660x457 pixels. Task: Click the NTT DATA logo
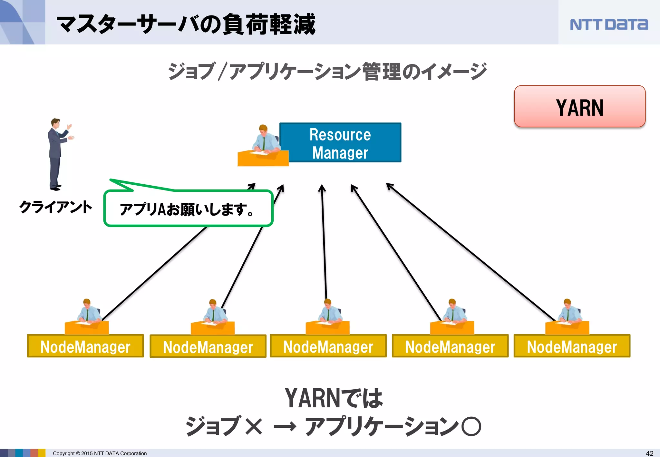point(608,24)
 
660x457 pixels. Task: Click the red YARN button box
point(579,107)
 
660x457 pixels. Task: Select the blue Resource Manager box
point(340,143)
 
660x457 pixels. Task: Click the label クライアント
point(55,207)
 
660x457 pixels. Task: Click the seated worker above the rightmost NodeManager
point(568,314)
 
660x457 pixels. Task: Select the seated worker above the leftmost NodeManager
point(87,314)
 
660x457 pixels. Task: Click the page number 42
point(650,453)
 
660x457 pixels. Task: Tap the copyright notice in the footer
point(100,453)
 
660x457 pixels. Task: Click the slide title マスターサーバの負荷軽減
point(186,24)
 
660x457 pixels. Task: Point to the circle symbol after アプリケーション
point(471,426)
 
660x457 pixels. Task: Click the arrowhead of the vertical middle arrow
point(322,188)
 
